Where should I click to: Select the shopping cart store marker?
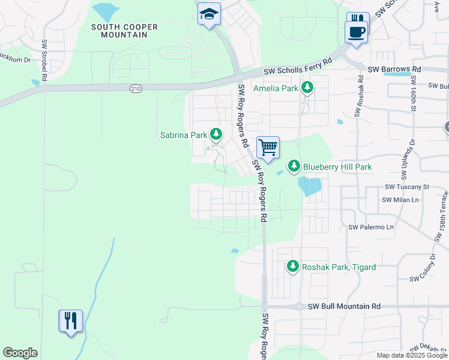[268, 146]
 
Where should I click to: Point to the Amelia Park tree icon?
[307, 89]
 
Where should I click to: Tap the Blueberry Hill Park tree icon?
[294, 166]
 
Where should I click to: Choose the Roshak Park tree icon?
[293, 266]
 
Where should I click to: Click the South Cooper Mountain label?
[124, 31]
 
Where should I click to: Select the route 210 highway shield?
[136, 89]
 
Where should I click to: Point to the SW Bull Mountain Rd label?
[344, 306]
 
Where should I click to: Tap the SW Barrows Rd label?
[394, 70]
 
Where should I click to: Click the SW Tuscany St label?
[406, 187]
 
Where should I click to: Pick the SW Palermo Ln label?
[371, 227]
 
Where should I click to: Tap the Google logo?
[20, 353]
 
